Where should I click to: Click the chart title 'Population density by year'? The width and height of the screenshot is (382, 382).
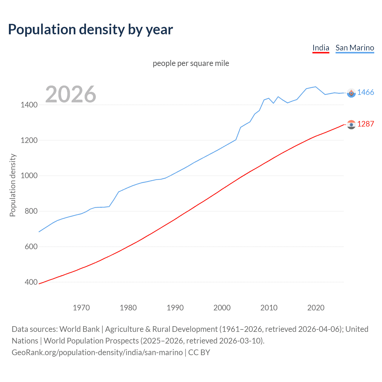tap(90, 30)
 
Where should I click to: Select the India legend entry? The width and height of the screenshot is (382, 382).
tap(321, 48)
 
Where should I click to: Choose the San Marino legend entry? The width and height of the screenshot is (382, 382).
tap(355, 48)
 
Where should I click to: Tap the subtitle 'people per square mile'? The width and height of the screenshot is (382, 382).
tap(191, 63)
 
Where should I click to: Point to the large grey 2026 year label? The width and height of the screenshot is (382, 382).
tap(71, 94)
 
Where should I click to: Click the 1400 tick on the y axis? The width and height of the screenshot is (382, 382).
tap(29, 105)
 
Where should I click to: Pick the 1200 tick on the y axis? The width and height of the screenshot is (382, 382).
tap(29, 140)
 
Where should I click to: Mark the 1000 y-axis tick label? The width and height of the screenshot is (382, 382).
tap(29, 175)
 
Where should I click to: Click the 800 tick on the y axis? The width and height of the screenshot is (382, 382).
tap(31, 211)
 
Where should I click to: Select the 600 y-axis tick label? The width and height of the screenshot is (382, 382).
tap(31, 247)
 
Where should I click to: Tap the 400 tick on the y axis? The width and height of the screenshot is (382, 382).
tap(31, 282)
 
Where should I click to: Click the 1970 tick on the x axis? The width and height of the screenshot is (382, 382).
tap(81, 308)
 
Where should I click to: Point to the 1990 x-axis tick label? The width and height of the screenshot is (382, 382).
tap(175, 308)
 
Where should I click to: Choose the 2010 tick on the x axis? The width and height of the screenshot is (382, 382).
tap(269, 308)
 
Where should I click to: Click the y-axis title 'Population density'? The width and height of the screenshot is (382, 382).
tap(13, 185)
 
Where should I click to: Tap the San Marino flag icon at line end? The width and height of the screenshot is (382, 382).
tap(351, 93)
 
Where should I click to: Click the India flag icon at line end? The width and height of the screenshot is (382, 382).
tap(351, 124)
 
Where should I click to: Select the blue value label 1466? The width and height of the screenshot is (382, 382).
tap(366, 92)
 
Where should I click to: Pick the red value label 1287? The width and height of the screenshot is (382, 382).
tap(366, 124)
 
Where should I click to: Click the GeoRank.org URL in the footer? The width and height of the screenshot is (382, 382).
tap(97, 352)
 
